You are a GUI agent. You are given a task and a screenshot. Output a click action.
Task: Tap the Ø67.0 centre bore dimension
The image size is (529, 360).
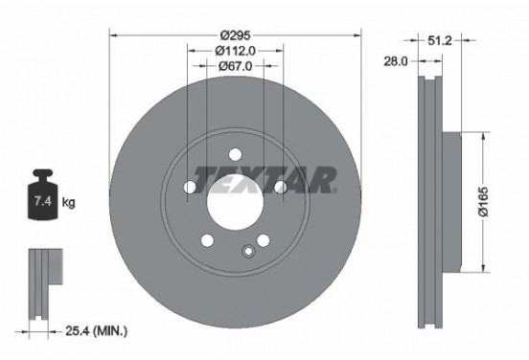pyautogui.click(x=235, y=66)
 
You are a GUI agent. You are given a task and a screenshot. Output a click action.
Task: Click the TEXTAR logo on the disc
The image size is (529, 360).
pyautogui.click(x=265, y=179)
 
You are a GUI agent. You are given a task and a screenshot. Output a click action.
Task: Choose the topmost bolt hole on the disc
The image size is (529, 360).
pyautogui.click(x=235, y=153)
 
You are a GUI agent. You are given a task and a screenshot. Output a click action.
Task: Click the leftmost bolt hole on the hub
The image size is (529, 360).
pyautogui.click(x=190, y=187)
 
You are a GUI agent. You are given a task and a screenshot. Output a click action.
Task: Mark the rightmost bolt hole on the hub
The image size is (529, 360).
pyautogui.click(x=280, y=187)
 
